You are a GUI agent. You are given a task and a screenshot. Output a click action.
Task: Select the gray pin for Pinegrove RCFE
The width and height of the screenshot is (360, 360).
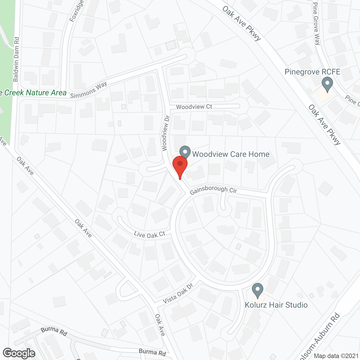(327, 84)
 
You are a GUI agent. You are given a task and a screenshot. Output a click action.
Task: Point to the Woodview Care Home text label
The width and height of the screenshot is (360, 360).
(231, 154)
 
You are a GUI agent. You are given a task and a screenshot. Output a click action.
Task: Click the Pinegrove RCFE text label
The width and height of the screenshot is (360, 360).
(312, 72)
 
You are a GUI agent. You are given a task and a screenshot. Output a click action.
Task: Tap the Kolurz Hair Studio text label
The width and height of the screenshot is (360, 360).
(276, 305)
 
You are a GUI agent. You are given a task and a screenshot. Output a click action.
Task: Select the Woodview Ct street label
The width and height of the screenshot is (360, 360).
(194, 107)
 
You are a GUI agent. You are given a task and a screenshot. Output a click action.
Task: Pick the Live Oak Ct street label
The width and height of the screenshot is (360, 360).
(150, 235)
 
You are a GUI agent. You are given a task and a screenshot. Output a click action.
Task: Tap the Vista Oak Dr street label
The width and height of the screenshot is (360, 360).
(178, 293)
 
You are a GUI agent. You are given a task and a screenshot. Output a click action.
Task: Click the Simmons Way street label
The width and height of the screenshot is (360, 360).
(89, 90)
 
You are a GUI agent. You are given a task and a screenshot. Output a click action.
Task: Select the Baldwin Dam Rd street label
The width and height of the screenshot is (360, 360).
(16, 59)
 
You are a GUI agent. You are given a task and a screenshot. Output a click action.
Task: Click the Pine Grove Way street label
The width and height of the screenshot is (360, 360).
(316, 24)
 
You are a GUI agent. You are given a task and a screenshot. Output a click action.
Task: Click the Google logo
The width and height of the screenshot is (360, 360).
(19, 353)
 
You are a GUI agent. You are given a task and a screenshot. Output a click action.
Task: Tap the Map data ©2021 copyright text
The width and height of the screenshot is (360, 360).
(336, 356)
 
